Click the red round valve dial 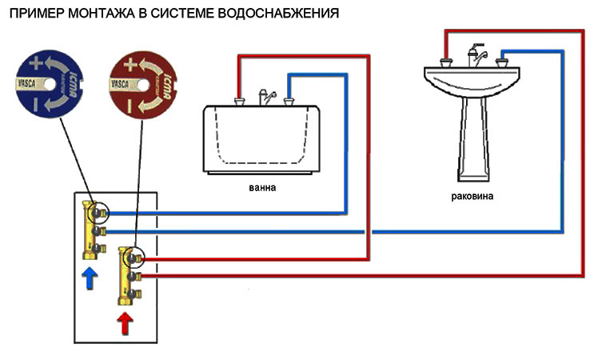click(142, 82)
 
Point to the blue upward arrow click(90, 278)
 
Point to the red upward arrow click(126, 323)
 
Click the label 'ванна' click(261, 189)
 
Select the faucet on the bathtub click(264, 95)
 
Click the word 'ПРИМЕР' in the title click(33, 14)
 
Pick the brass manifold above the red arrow click(128, 276)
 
